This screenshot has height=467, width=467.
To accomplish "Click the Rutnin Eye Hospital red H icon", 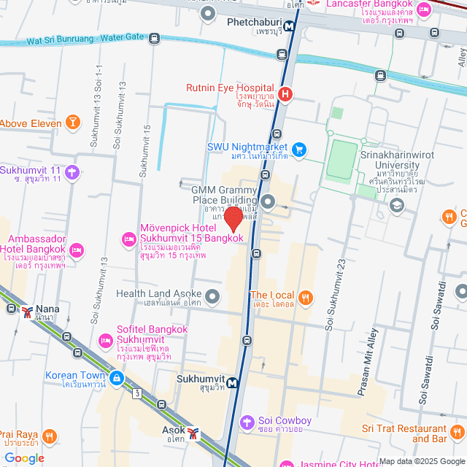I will pos(286,94).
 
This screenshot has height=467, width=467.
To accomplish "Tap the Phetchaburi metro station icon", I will pos(290,27).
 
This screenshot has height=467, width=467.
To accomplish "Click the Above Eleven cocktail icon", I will pos(72,123).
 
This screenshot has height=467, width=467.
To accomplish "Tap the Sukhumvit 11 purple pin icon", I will pos(72,173).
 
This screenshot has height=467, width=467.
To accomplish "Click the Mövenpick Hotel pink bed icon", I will pos(129,239).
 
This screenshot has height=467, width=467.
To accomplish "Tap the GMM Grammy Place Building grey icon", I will pos(268,201).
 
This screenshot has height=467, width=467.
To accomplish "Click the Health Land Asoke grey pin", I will pos(212,296).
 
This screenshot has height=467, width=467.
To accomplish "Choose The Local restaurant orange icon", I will pos(305,297).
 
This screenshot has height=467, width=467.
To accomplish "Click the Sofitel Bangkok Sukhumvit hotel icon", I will pos(106,341).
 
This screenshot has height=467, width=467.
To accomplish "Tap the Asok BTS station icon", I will pos(193,433).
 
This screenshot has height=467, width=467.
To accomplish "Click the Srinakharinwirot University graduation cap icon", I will pos(396,207).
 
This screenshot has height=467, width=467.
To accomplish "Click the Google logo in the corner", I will pos(23,458).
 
